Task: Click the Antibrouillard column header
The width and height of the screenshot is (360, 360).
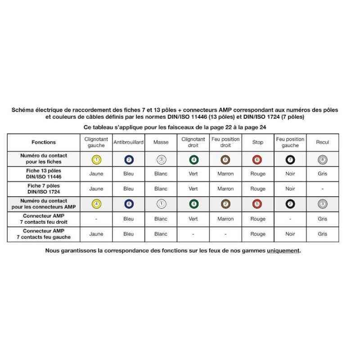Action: tap(128, 142)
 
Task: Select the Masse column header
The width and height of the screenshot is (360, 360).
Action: tap(161, 142)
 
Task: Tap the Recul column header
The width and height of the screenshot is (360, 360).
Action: tap(322, 142)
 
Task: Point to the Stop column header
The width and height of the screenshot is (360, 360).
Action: tap(258, 142)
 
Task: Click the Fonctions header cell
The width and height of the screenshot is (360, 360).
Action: tap(44, 142)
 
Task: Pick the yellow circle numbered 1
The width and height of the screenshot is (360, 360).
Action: tap(96, 159)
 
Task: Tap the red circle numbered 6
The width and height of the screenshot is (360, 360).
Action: tap(257, 159)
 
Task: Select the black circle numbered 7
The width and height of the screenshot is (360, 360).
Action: tap(290, 159)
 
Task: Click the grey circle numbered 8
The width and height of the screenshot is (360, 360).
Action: tap(322, 159)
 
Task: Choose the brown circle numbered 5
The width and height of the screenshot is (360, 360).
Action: tap(225, 159)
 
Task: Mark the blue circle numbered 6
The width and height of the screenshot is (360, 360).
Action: tap(129, 204)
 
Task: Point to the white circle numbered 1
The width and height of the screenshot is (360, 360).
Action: tap(161, 204)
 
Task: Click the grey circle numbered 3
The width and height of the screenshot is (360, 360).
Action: tap(322, 204)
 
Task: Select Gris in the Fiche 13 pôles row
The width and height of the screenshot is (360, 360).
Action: tap(322, 174)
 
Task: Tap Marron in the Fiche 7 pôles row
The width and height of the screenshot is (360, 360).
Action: tap(225, 189)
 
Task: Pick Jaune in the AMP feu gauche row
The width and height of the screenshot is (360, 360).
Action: tap(96, 234)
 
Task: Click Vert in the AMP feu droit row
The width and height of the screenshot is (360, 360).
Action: tap(193, 219)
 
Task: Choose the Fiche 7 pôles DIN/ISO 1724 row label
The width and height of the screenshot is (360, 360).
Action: tap(44, 189)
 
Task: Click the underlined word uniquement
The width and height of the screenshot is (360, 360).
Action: tap(283, 251)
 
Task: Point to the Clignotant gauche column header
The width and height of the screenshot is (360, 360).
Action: tap(96, 142)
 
